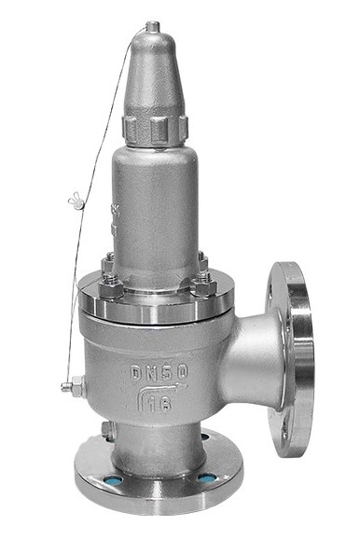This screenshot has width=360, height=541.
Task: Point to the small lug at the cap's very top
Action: [151, 32]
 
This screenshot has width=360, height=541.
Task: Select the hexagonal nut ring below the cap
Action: [156, 129]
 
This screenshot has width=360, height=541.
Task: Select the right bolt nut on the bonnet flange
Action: [202, 282]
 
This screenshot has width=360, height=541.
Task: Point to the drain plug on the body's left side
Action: [71, 383]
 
